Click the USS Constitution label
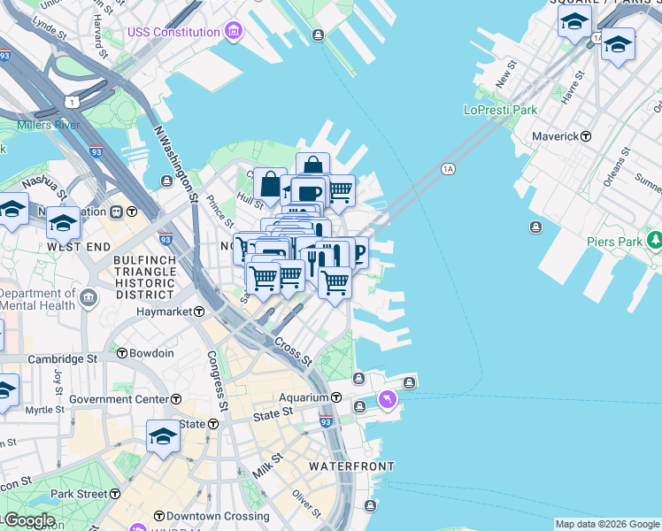[x=173, y=33]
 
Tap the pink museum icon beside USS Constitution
[x=234, y=33]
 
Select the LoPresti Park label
[x=500, y=111]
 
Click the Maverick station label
[x=554, y=136]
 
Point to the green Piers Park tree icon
[x=655, y=241]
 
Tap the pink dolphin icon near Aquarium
[x=388, y=402]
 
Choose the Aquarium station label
[x=304, y=397]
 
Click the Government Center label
[x=119, y=399]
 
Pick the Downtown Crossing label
[x=205, y=516]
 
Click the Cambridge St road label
[x=62, y=359]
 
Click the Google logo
[x=28, y=521]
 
